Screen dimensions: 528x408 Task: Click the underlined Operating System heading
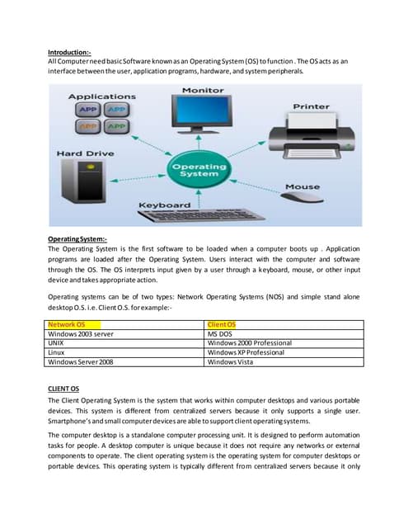pos(78,238)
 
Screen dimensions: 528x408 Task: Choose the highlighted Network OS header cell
pos(67,325)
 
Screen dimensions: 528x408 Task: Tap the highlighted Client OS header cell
pos(222,325)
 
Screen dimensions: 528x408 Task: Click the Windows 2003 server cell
pos(81,334)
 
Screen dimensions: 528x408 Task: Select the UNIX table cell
pos(58,343)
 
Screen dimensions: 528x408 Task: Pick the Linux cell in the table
pos(58,352)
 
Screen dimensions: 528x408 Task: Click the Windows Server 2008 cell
pos(82,361)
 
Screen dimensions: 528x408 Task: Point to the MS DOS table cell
pos(222,334)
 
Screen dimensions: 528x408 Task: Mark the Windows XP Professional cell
pos(246,352)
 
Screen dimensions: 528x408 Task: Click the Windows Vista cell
pos(232,361)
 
